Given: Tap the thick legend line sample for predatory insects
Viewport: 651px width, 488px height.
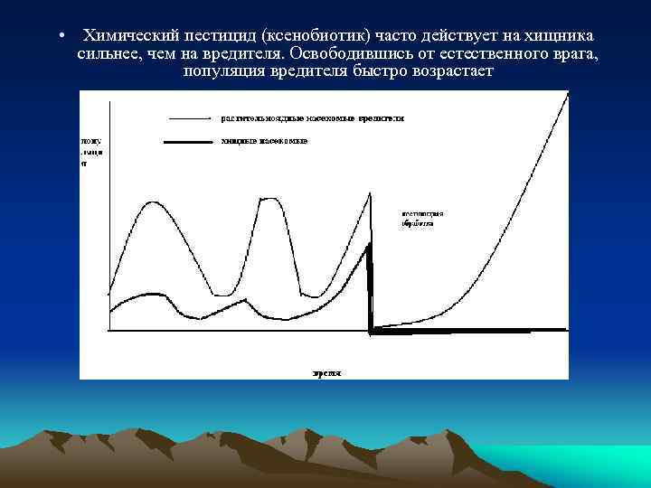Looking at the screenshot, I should (191, 142).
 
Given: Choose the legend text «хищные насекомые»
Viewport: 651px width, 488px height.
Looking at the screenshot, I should (264, 142).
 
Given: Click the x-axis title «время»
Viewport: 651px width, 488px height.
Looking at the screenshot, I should (326, 371).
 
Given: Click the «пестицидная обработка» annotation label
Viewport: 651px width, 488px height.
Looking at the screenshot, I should (419, 219).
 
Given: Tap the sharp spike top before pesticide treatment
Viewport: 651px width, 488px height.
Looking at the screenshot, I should (371, 192).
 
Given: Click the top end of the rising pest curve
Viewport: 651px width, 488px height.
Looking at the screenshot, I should (568, 96).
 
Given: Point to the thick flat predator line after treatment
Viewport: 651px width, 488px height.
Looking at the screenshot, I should (470, 331).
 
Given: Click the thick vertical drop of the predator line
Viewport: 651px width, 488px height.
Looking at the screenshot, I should (370, 289).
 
